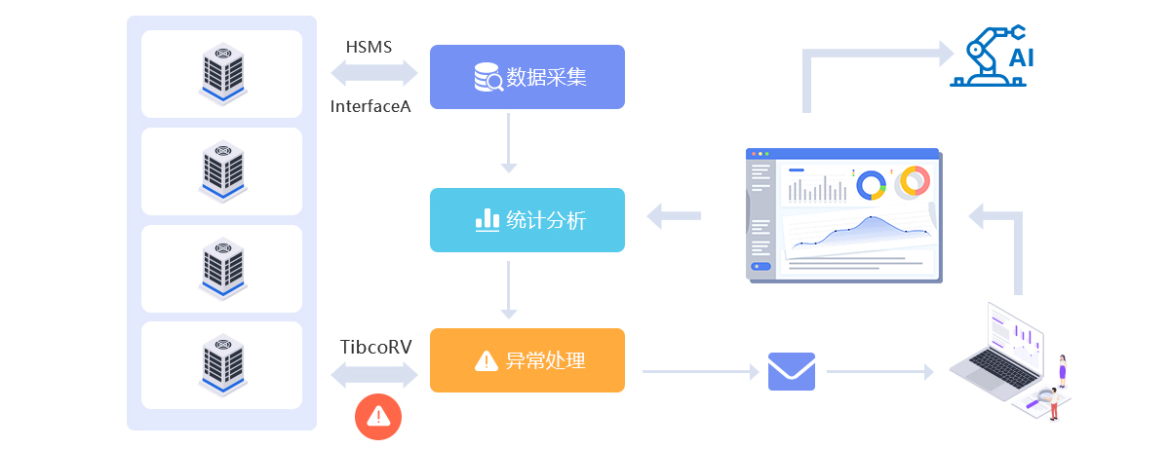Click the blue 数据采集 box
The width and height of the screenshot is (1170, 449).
click(526, 77)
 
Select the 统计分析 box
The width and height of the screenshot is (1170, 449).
click(526, 220)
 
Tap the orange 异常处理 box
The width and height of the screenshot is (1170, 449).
click(526, 360)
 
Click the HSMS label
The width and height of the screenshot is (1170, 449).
click(369, 47)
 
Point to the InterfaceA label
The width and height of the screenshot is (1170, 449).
click(370, 106)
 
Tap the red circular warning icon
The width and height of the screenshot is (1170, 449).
click(378, 417)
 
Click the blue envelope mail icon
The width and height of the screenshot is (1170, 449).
click(792, 371)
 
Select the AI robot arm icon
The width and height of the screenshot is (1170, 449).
click(992, 58)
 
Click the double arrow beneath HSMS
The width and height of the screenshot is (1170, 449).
click(374, 73)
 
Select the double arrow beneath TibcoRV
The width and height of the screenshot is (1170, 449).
click(374, 375)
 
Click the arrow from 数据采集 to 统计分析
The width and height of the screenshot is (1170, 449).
click(508, 144)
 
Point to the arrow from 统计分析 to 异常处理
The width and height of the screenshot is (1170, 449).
click(508, 289)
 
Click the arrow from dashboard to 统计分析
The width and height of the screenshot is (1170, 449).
click(675, 216)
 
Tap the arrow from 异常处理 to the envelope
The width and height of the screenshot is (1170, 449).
click(700, 371)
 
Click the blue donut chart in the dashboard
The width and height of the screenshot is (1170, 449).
click(871, 184)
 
